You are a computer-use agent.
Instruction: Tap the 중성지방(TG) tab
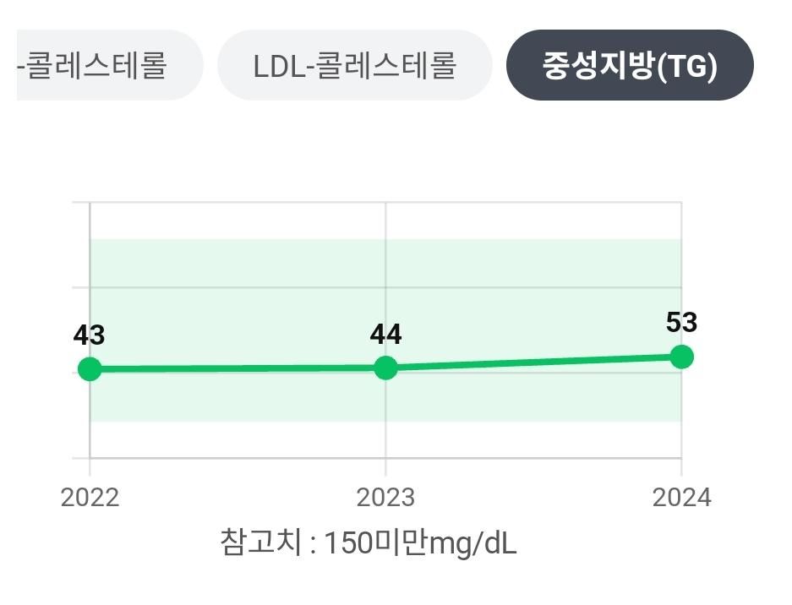pos(629,66)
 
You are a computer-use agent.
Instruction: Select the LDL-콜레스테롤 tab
pos(354,66)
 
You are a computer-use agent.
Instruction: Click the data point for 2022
pos(90,369)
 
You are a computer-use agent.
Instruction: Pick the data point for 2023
pos(385,368)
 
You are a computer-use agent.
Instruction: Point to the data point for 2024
pos(681,357)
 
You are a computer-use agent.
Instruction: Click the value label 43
pos(89,335)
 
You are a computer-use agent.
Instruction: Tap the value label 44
pos(385,335)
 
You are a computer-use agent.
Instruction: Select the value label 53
pos(681,323)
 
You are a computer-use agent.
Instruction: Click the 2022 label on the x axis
pos(90,497)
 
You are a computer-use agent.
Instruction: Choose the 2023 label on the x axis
pos(385,497)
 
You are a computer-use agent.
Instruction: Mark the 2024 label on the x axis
pos(681,497)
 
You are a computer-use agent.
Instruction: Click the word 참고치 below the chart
pos(259,542)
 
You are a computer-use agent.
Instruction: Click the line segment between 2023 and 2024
pos(533,362)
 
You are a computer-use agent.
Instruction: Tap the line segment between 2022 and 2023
pos(237,368)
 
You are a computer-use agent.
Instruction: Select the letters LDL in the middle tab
pos(276,66)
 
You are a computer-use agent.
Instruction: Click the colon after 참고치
pos(312,543)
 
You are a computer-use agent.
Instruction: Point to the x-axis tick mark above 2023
pos(385,466)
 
